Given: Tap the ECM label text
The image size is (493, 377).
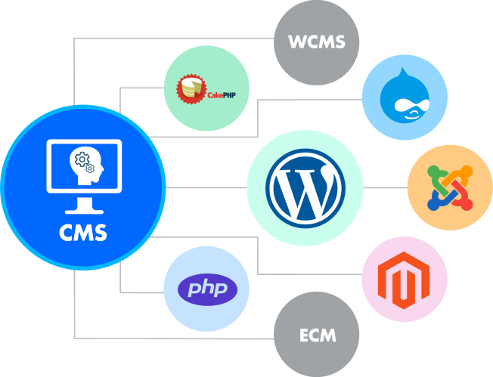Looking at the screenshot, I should click(x=316, y=335).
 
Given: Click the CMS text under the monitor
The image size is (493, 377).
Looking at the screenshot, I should click(x=83, y=233).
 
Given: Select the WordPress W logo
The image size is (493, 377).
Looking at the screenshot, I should click(x=305, y=187).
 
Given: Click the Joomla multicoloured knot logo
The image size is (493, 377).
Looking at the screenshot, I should click(x=449, y=187).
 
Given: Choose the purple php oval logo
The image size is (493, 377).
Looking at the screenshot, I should click(x=206, y=289).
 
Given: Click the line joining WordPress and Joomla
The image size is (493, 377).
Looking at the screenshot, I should click(x=386, y=187).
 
